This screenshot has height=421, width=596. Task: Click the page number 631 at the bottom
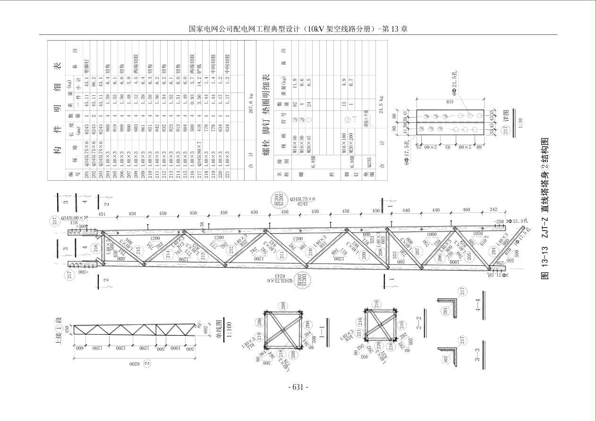[x=298, y=387]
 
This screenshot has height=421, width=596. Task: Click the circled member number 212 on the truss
[x=231, y=250]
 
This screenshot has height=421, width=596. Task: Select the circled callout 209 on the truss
[x=364, y=255]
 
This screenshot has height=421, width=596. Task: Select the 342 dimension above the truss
[x=494, y=209]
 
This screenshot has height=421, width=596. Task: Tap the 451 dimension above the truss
[x=102, y=213]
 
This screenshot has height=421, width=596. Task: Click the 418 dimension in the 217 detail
[x=450, y=102]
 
